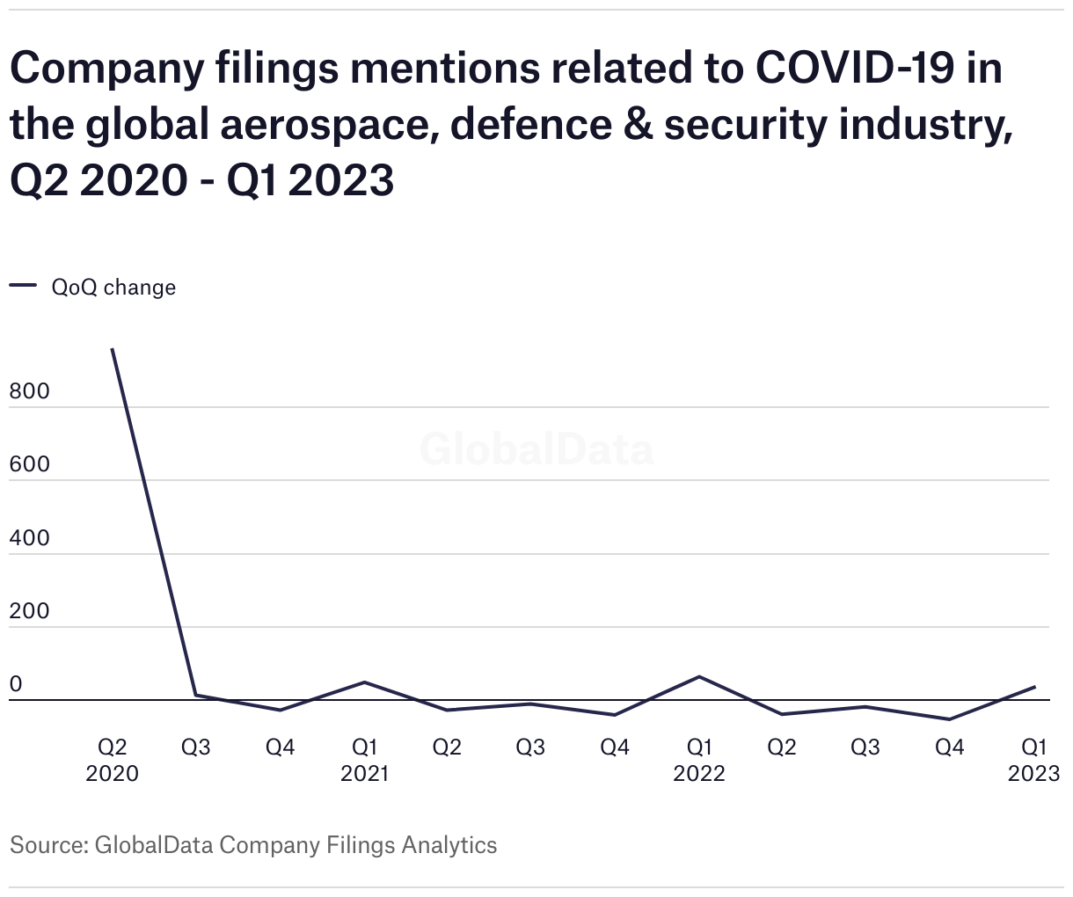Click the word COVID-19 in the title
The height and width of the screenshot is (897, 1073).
pos(857,68)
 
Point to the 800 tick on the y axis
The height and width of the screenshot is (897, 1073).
pos(30,392)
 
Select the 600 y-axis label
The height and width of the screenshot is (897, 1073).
pos(30,465)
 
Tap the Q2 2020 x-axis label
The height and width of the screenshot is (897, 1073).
pos(113,760)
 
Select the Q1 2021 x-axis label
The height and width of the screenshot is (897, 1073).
pos(364,760)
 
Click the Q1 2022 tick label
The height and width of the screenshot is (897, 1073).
pos(699,760)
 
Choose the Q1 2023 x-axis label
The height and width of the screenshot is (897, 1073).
pos(1033,760)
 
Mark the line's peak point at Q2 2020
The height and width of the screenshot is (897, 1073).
pos(113,349)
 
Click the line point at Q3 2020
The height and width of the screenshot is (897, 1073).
pos(196,695)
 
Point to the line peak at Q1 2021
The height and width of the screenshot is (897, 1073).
pos(364,682)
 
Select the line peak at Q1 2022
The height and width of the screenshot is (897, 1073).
pos(699,676)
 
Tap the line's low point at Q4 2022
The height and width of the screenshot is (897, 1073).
pos(950,719)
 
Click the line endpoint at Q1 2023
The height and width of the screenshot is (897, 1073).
pos(1033,687)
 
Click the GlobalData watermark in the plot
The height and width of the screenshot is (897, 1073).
pos(536,449)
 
